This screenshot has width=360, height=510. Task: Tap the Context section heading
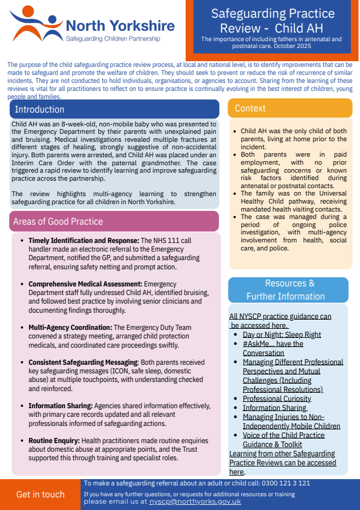tap(250, 109)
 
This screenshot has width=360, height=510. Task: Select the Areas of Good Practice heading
tap(59, 221)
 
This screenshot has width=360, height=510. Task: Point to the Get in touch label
tap(40, 495)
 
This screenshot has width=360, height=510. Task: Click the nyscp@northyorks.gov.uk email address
tap(195, 501)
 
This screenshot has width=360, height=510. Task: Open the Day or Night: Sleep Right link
tap(282, 334)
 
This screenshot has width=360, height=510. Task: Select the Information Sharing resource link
tap(275, 408)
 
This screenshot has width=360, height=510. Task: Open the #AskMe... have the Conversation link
tap(273, 348)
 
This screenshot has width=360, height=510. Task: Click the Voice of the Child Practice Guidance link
tap(283, 439)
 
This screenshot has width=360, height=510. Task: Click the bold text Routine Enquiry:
tap(54, 441)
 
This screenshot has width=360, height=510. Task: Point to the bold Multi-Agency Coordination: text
tap(71, 328)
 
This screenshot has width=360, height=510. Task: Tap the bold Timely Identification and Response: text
tap(84, 241)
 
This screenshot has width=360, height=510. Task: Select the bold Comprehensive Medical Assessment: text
tap(86, 284)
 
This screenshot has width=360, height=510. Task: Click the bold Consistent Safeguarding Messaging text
tap(83, 362)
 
